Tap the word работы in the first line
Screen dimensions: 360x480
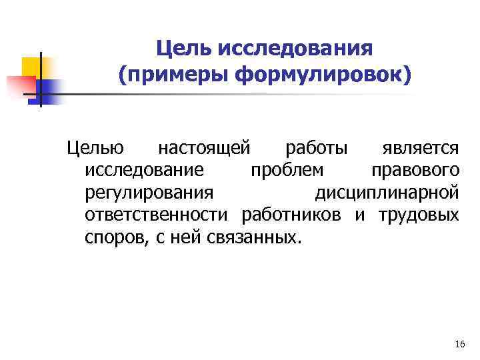pyautogui.click(x=313, y=148)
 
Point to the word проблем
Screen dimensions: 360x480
pyautogui.click(x=287, y=171)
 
